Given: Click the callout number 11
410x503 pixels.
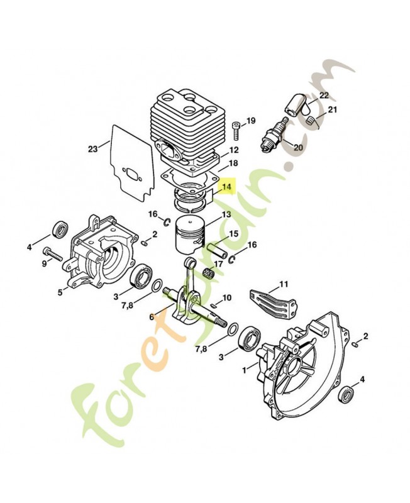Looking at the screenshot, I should click(x=284, y=284).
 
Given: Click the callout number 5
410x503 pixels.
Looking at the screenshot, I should click(x=60, y=292).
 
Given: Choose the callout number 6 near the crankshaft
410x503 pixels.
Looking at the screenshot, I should click(x=152, y=318).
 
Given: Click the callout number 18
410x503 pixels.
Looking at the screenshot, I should click(x=215, y=163).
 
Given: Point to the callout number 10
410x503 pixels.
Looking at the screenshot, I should click(x=227, y=297).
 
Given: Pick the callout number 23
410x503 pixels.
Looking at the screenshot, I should click(x=93, y=149).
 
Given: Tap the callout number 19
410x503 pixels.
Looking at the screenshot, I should click(x=251, y=121).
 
